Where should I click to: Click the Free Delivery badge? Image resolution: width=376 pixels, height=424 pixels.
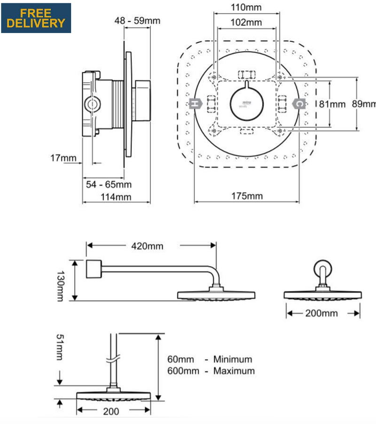[36, 18]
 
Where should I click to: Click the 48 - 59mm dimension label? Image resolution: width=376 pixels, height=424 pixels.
[138, 20]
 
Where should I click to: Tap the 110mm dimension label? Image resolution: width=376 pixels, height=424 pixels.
[246, 7]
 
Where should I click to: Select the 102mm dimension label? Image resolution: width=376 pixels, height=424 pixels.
[246, 22]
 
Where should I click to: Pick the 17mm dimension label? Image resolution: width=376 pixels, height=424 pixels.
[63, 158]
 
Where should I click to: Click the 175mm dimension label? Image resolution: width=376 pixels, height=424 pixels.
[247, 196]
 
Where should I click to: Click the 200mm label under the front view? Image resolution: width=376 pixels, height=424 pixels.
[322, 313]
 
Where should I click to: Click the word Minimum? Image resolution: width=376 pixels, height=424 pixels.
[233, 360]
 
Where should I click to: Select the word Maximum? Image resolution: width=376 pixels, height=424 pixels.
[234, 371]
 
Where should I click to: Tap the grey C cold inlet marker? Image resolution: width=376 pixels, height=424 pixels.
[298, 103]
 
